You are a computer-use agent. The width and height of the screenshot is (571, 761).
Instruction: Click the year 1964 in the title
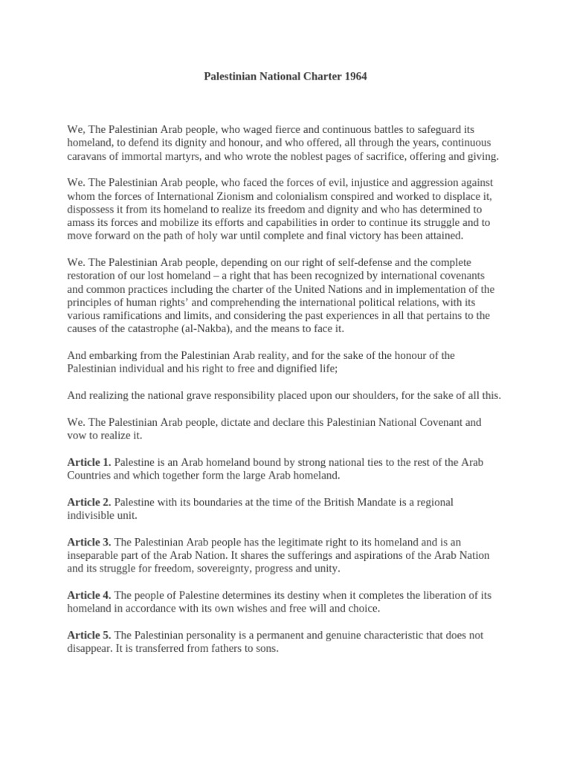point(354,77)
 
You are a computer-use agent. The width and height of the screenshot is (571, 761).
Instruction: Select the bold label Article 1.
point(89,462)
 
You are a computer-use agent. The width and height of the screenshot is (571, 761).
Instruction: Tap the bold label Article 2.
point(89,502)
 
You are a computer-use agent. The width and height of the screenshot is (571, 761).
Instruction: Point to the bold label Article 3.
point(89,543)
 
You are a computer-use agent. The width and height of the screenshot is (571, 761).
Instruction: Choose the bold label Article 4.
point(89,595)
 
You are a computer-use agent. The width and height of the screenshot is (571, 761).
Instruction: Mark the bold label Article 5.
point(89,635)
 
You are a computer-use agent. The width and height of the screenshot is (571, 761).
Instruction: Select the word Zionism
point(262,195)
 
